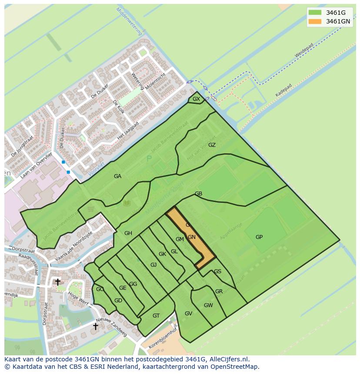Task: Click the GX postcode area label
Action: [x=196, y=99]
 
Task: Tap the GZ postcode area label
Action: [x=212, y=145]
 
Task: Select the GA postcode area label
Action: [x=117, y=176]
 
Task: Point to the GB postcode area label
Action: [x=198, y=194]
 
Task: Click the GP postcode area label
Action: [x=259, y=237]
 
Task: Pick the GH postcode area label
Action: [x=128, y=233]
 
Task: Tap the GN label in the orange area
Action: [x=191, y=237]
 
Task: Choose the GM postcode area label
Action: [x=180, y=239]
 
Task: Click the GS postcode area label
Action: [x=217, y=271]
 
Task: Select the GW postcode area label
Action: [x=208, y=305]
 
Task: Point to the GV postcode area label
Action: [x=188, y=314]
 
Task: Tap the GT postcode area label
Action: [x=156, y=316]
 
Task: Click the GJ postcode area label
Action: [x=153, y=265]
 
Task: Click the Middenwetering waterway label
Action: [x=130, y=22]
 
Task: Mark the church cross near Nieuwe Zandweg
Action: [x=95, y=326]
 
